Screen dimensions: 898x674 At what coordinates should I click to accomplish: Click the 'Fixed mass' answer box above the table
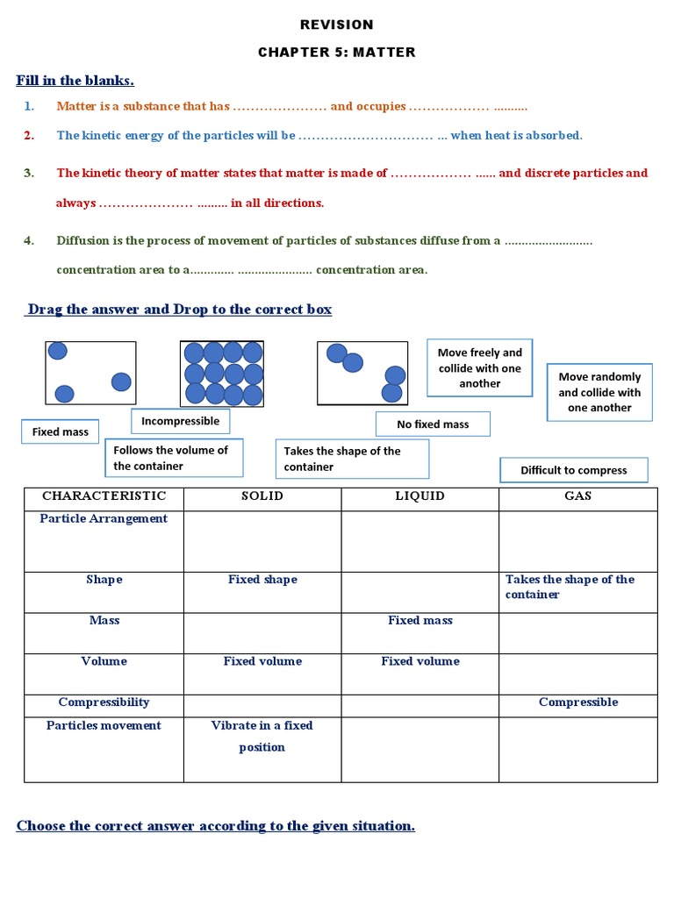60,431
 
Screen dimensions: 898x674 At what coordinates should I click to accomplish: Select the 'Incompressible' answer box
180,421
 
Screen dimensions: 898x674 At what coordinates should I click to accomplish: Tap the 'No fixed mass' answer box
433,424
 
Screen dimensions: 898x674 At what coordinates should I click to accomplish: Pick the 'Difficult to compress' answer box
574,470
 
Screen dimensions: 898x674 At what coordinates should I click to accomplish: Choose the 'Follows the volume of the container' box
173,458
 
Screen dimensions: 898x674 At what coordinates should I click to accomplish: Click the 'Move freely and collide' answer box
479,367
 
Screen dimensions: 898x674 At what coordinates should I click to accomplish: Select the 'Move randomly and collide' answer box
599,392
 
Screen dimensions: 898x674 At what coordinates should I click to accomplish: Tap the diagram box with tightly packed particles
222,374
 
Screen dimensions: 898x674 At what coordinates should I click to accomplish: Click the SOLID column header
262,496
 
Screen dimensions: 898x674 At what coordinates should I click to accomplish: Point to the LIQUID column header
420,496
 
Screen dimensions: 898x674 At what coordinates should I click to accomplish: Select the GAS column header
577,496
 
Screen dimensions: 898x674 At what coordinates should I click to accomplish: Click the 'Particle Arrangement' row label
104,518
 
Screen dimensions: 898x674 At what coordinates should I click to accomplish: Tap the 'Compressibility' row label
104,702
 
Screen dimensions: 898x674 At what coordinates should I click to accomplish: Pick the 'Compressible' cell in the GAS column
578,702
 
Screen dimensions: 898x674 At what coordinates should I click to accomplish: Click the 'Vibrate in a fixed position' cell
262,737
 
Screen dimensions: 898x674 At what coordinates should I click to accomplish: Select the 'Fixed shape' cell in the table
262,580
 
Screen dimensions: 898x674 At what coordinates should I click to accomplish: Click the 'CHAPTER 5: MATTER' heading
337,53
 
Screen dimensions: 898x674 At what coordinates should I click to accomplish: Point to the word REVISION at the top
337,25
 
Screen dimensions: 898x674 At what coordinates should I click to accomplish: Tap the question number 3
29,173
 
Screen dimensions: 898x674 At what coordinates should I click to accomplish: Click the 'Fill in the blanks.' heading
75,81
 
